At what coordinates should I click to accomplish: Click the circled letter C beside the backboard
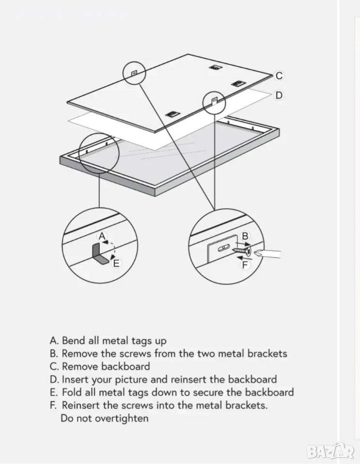coord(279,76)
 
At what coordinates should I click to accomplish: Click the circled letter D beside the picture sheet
coord(279,95)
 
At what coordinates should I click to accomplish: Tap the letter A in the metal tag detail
coord(102,236)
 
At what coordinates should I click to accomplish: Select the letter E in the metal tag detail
coord(116,263)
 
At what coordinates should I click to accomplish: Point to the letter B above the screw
coord(245,236)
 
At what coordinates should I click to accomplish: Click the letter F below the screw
coord(245,264)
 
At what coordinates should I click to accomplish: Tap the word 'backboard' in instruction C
coord(125,367)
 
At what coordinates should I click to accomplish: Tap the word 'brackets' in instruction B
coord(267,354)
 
